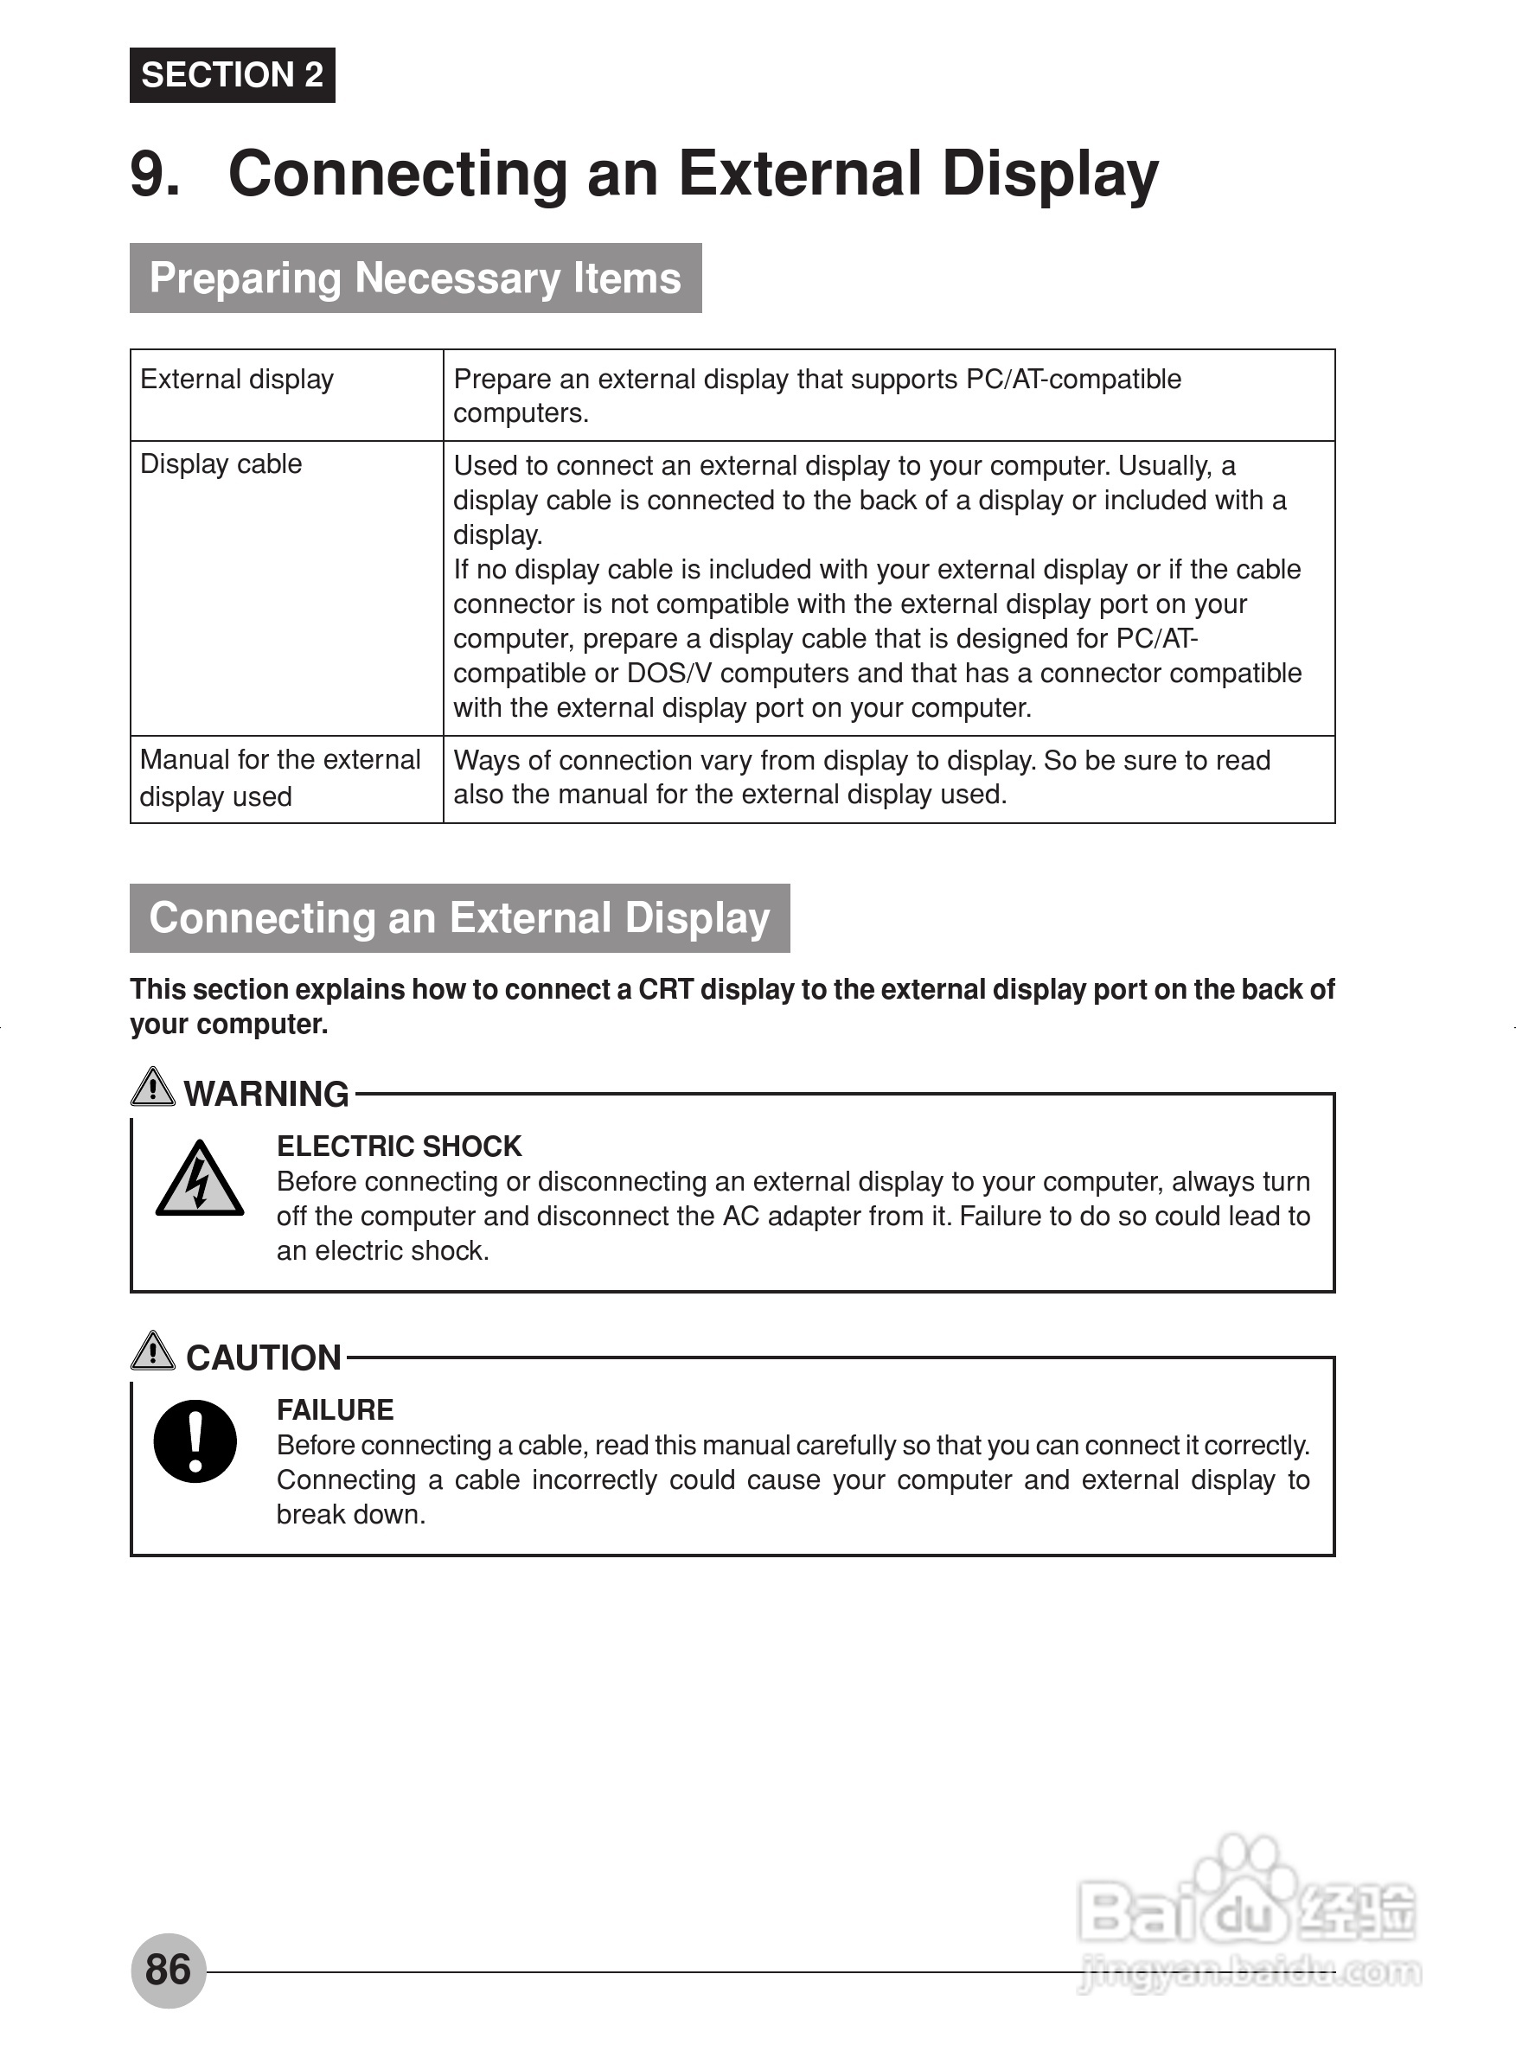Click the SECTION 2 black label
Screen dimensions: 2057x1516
pos(232,75)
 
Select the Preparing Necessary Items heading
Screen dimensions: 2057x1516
pos(415,278)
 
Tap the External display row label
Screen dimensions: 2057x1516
pos(237,380)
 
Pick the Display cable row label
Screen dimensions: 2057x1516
pos(221,464)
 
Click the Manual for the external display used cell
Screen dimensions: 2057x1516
pos(280,778)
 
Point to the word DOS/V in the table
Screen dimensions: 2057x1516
pos(669,674)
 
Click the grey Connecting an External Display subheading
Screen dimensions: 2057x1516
pos(459,918)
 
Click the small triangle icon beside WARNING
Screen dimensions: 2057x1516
pos(152,1087)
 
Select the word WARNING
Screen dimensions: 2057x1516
pos(266,1095)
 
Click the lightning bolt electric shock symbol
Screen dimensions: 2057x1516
pos(199,1180)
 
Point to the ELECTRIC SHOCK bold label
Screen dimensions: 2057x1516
pos(400,1147)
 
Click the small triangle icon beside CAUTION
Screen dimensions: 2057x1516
pos(152,1351)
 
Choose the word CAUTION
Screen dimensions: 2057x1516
pos(264,1358)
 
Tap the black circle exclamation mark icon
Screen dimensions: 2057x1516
pos(195,1441)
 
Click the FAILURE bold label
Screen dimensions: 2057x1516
pos(335,1410)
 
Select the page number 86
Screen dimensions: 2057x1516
pos(168,1970)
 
